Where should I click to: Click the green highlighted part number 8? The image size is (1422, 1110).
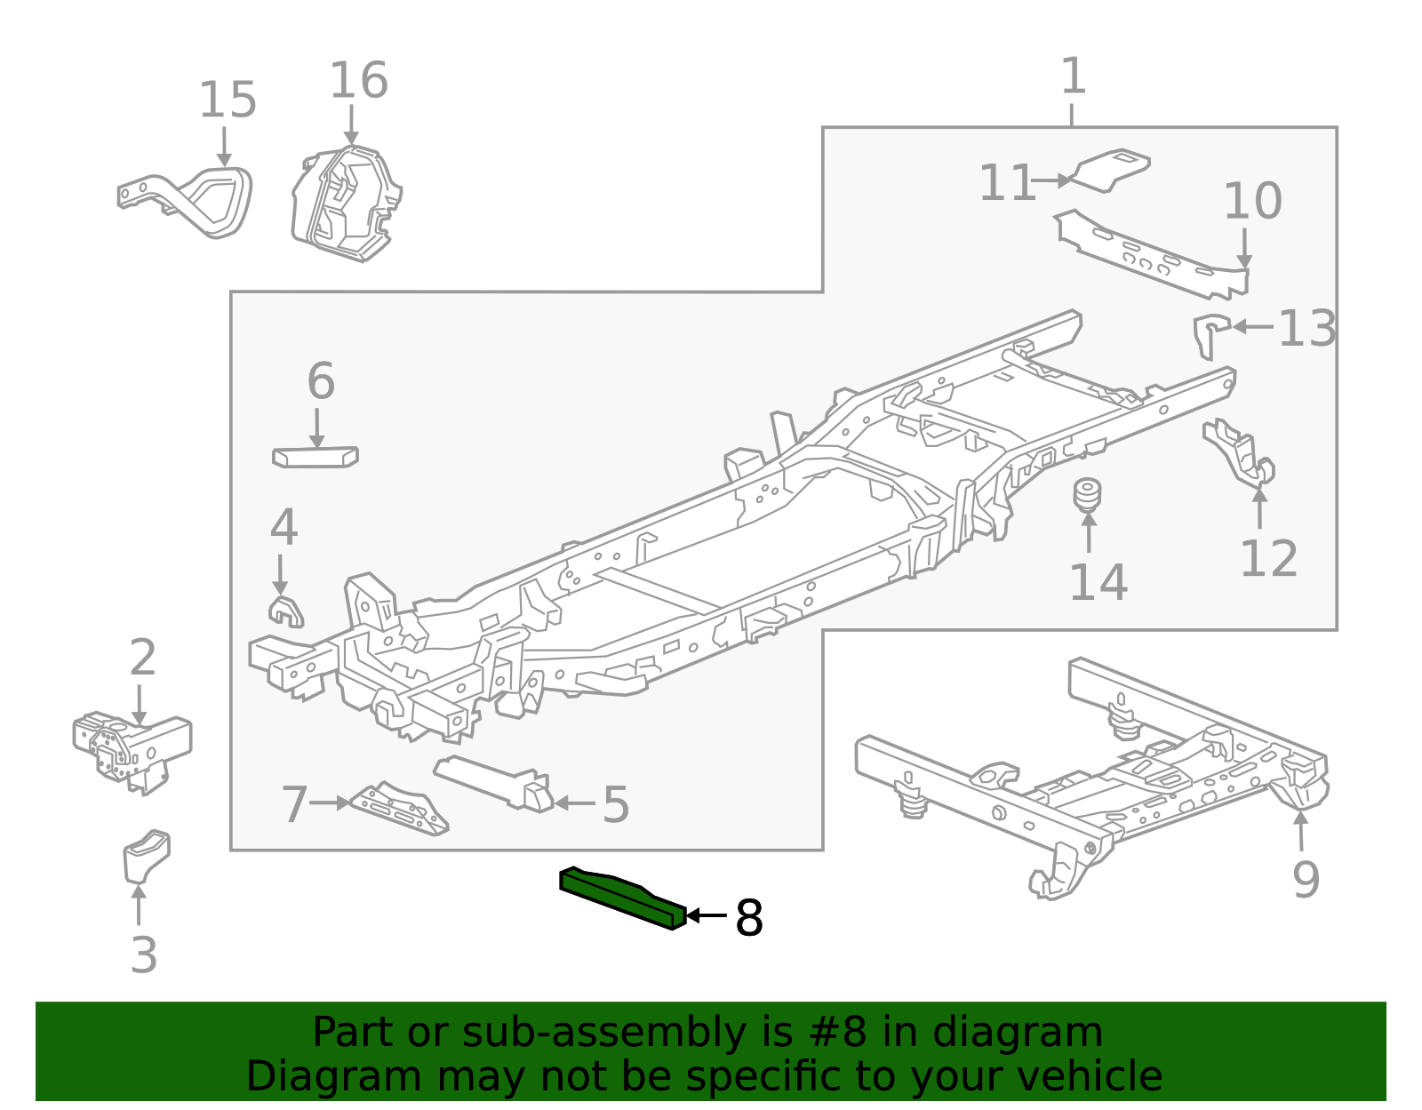tap(622, 898)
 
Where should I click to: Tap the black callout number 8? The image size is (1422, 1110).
tap(748, 918)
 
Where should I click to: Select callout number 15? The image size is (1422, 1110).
tap(228, 100)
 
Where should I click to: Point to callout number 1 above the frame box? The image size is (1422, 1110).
tap(1073, 76)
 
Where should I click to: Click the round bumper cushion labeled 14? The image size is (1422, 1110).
tap(1087, 495)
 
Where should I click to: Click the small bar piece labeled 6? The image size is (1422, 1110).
tap(315, 457)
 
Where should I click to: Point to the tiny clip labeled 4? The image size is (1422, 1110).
tap(285, 611)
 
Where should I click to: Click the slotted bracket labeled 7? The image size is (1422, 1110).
tap(400, 809)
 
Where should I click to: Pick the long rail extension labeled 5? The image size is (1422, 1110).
tap(498, 782)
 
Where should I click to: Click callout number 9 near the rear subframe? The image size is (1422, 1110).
tap(1305, 879)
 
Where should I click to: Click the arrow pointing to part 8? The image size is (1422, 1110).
tap(707, 915)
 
